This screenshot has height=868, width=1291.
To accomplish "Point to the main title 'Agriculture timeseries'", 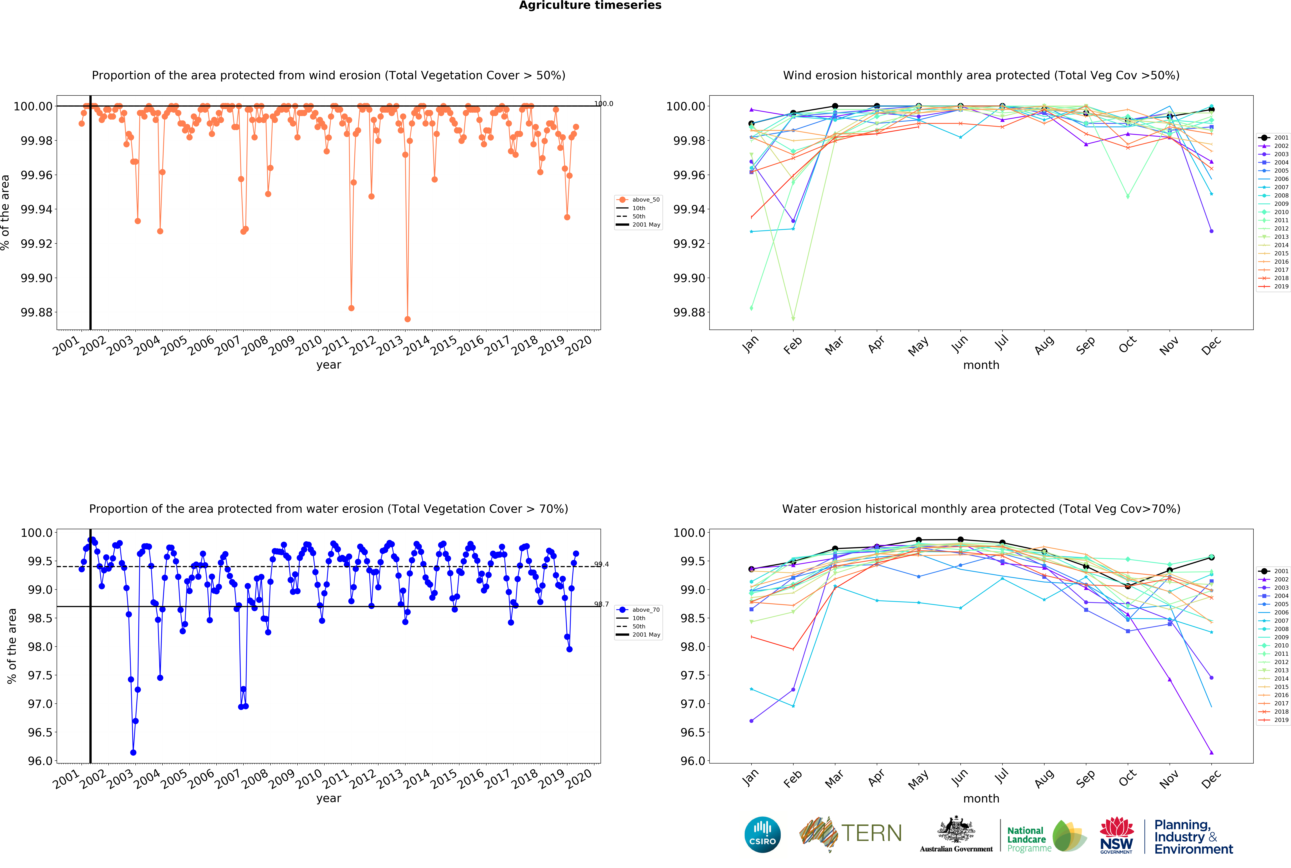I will point(590,6).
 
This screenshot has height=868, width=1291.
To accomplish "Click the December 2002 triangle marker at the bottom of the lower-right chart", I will point(1211,753).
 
